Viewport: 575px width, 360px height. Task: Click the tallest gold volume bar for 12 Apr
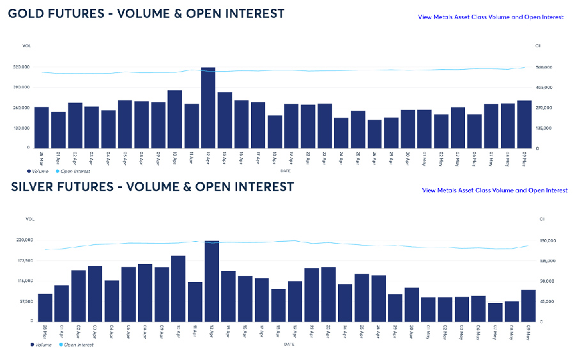click(x=208, y=107)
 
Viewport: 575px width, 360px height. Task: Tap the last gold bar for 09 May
click(x=524, y=124)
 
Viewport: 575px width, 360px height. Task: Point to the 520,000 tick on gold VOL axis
click(x=22, y=67)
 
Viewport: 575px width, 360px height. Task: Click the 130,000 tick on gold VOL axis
click(x=22, y=128)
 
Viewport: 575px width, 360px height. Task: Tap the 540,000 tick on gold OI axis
click(x=544, y=67)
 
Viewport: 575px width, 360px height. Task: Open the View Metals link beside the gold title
click(x=491, y=17)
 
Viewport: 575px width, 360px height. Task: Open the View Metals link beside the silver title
click(x=494, y=190)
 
